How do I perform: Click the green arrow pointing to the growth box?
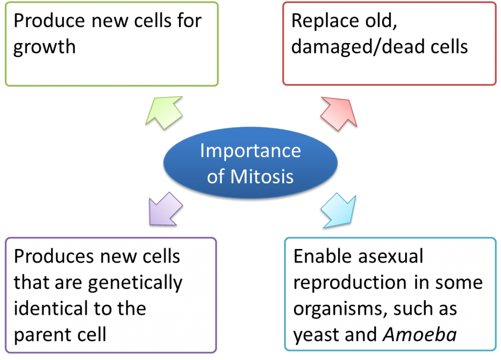[x=164, y=112]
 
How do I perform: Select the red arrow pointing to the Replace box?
[x=339, y=113]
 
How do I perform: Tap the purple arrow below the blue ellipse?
[x=165, y=209]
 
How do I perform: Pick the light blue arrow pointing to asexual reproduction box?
[x=339, y=210]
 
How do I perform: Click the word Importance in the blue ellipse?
[x=250, y=151]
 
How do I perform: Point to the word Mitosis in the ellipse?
[x=262, y=177]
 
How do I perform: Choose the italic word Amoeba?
[x=420, y=335]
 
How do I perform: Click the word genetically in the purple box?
[x=135, y=284]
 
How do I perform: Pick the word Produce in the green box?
[x=49, y=21]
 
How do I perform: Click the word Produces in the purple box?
[x=54, y=256]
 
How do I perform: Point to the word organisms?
[x=340, y=310]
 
